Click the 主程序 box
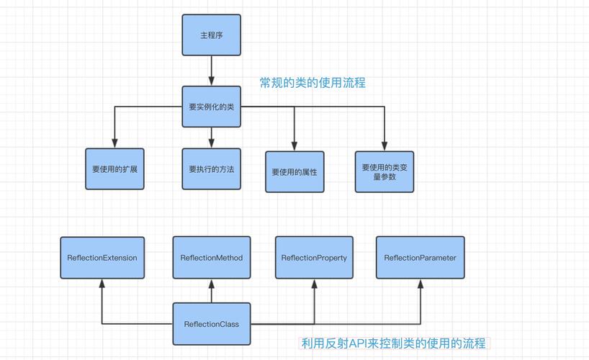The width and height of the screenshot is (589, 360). pos(211,35)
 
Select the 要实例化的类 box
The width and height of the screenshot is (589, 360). pos(211,107)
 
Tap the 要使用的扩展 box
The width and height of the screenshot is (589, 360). pos(114,169)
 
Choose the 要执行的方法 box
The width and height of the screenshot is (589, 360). pos(211,169)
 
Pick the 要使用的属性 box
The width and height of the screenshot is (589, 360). pos(294,172)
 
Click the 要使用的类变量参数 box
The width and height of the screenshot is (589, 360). pos(385,171)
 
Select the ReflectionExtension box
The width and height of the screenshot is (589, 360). pos(102,258)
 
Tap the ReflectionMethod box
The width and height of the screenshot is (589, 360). pos(211,258)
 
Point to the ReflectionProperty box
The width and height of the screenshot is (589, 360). pos(314,258)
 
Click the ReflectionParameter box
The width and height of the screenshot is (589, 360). pos(420,258)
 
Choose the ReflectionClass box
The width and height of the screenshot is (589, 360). pos(211,324)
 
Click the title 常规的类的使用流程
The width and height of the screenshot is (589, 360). pos(313,83)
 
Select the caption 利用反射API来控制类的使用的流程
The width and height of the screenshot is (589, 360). pos(393,343)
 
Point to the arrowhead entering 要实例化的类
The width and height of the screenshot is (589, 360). pos(211,81)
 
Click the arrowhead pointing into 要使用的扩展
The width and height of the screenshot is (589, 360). pos(114,143)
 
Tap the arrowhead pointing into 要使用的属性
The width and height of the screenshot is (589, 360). pos(294,146)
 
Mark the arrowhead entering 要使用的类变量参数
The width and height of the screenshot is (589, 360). pos(385,145)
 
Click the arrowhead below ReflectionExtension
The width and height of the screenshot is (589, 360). pos(102,284)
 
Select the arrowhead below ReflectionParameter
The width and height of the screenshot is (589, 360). pos(420,284)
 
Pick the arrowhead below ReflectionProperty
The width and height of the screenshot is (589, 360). pos(314,284)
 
